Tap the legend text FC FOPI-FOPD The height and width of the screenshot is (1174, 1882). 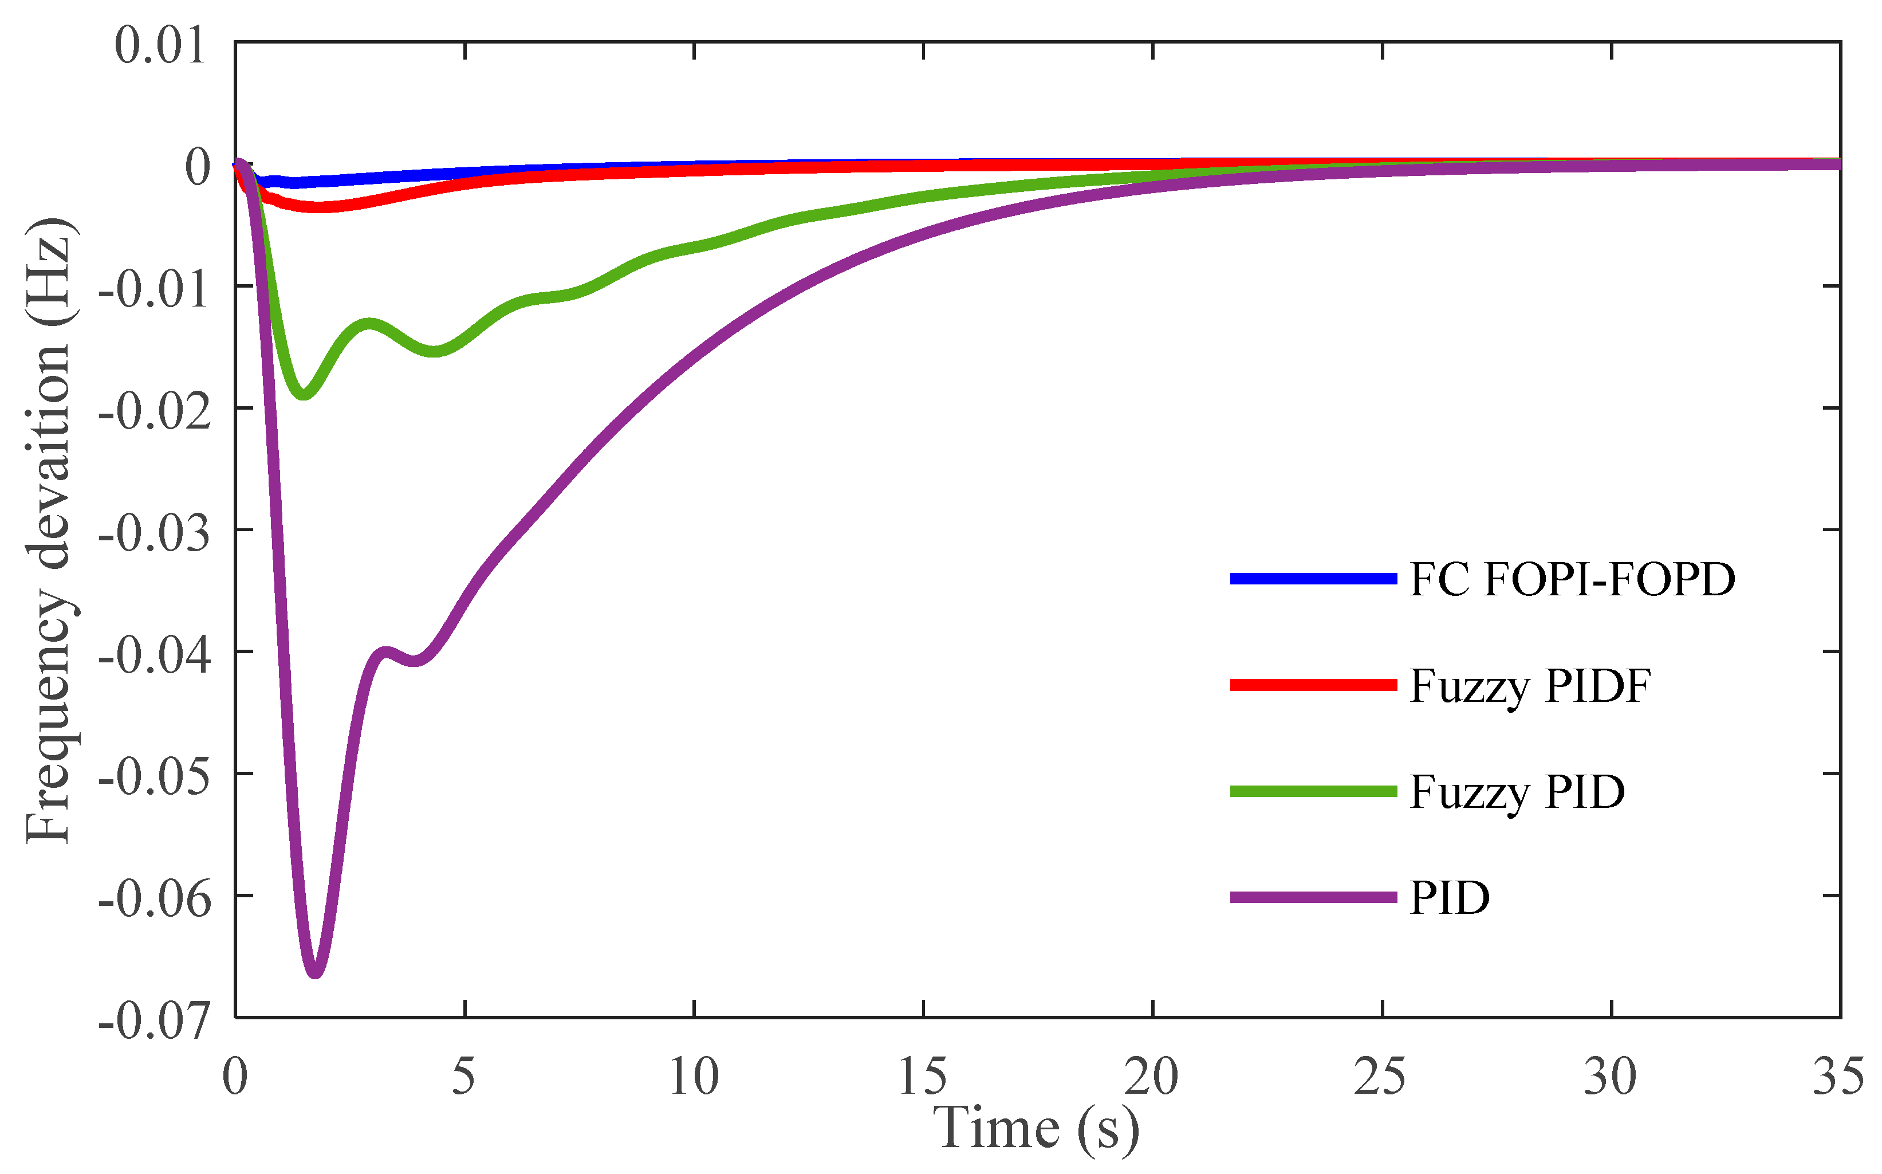(x=1572, y=579)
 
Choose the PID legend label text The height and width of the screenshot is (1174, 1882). (x=1450, y=899)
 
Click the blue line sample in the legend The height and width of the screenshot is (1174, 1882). (x=1313, y=579)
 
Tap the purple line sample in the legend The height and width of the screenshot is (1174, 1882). (x=1313, y=898)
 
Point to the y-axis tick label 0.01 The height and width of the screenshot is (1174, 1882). (x=160, y=45)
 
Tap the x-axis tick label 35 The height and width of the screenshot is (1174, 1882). (x=1838, y=1078)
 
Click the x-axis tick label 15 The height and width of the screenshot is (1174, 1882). (x=923, y=1078)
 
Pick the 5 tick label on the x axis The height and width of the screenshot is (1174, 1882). (x=463, y=1078)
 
